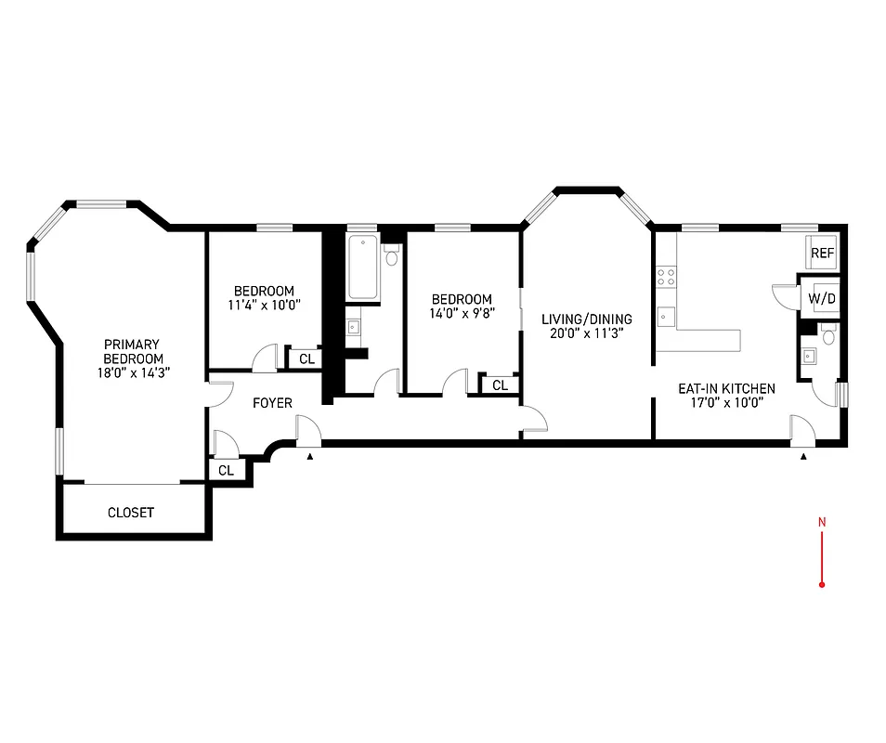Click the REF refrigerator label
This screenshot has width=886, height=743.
(x=822, y=253)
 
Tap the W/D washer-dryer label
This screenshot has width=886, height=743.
(x=821, y=299)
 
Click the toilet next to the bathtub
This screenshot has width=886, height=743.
(x=391, y=254)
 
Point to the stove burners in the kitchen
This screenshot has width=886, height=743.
(x=666, y=275)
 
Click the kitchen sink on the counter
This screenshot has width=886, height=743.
(x=666, y=316)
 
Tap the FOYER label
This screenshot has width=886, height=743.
(x=273, y=403)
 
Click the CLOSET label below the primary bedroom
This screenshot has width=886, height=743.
(x=131, y=513)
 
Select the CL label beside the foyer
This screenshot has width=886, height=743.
(x=226, y=471)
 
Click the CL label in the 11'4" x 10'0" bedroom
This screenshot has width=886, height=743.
(x=306, y=359)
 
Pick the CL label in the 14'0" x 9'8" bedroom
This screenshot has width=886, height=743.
(x=500, y=385)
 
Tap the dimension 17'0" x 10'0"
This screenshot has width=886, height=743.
(x=713, y=403)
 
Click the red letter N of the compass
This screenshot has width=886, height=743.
(x=822, y=522)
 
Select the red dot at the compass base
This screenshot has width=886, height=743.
(x=822, y=584)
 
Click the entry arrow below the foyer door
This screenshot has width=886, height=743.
(x=310, y=455)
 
